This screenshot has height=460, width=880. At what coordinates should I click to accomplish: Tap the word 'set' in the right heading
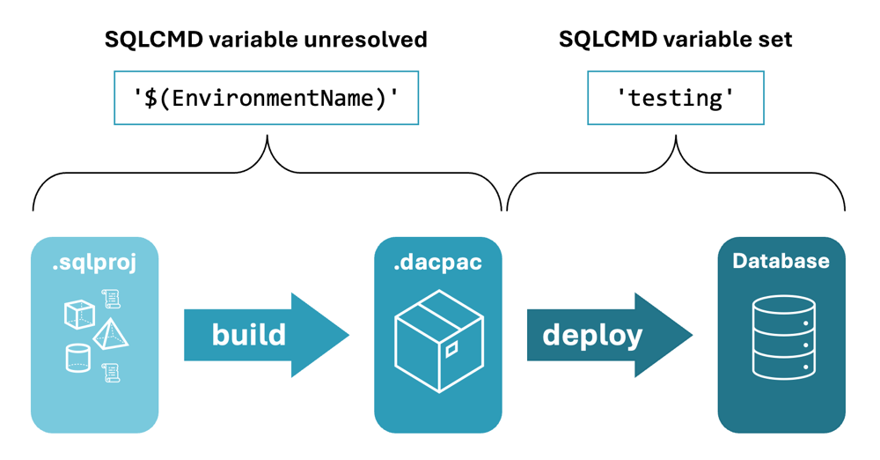pyautogui.click(x=774, y=40)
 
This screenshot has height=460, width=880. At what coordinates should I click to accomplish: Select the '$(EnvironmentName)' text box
pyautogui.click(x=266, y=98)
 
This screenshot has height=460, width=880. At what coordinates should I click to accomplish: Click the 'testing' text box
pyautogui.click(x=675, y=98)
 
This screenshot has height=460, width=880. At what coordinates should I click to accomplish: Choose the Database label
pyautogui.click(x=781, y=262)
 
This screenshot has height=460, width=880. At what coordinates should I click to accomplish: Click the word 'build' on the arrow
pyautogui.click(x=248, y=335)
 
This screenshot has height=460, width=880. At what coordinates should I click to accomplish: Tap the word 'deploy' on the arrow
pyautogui.click(x=591, y=335)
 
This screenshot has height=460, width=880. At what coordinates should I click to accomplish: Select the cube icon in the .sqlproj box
pyautogui.click(x=79, y=314)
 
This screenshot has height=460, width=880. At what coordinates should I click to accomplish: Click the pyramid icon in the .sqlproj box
pyautogui.click(x=111, y=336)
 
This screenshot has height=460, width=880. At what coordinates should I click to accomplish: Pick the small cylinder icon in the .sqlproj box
pyautogui.click(x=78, y=358)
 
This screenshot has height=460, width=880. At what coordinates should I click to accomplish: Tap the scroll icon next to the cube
pyautogui.click(x=111, y=300)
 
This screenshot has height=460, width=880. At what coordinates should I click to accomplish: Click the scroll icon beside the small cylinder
pyautogui.click(x=111, y=373)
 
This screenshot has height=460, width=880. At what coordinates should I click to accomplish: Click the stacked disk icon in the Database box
pyautogui.click(x=782, y=338)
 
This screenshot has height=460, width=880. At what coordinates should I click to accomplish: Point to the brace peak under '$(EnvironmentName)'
pyautogui.click(x=267, y=138)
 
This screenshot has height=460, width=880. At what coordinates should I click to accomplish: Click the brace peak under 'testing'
pyautogui.click(x=676, y=138)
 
